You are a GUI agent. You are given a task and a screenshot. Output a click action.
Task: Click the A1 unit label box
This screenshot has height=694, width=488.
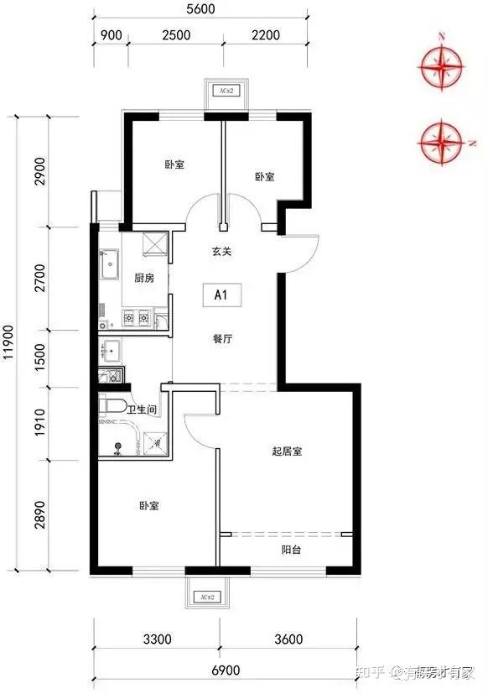222,295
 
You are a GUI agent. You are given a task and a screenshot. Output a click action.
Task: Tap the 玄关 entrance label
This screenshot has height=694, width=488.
221,251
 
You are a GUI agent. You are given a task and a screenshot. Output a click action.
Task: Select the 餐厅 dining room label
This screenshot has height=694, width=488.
221,339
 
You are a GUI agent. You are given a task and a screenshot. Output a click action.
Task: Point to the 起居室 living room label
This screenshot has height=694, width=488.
287,451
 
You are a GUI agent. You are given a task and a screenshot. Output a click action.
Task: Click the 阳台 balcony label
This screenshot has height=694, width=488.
292,551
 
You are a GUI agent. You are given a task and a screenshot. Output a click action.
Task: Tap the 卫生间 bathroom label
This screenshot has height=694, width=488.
143,410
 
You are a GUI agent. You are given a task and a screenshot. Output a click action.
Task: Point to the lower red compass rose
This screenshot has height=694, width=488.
442,141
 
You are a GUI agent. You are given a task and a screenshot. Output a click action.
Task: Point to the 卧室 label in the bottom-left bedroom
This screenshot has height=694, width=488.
149,506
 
